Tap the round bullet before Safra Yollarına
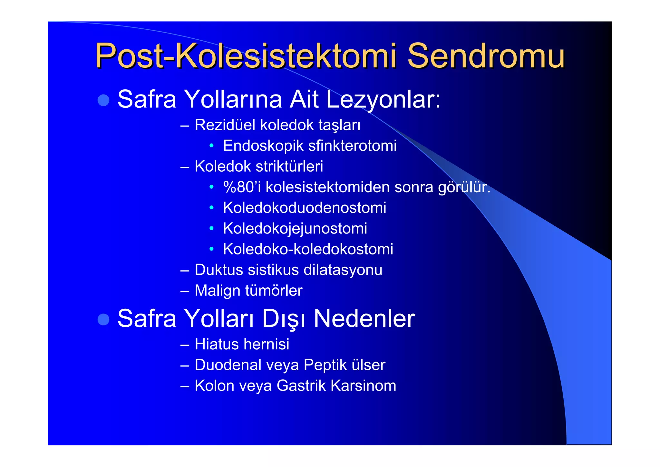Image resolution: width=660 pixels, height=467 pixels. [103, 100]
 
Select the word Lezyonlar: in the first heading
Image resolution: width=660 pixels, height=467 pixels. [383, 99]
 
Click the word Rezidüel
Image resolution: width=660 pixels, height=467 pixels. [225, 125]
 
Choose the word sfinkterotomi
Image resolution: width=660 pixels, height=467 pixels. [352, 146]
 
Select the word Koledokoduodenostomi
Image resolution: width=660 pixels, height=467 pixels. [304, 208]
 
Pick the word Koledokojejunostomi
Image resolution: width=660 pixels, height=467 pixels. [295, 229]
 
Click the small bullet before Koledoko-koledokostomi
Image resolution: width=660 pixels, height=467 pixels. [211, 249]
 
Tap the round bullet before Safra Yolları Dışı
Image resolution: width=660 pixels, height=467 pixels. [103, 319]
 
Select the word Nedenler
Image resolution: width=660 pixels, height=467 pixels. [364, 319]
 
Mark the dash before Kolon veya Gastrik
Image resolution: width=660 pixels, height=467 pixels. [185, 386]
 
